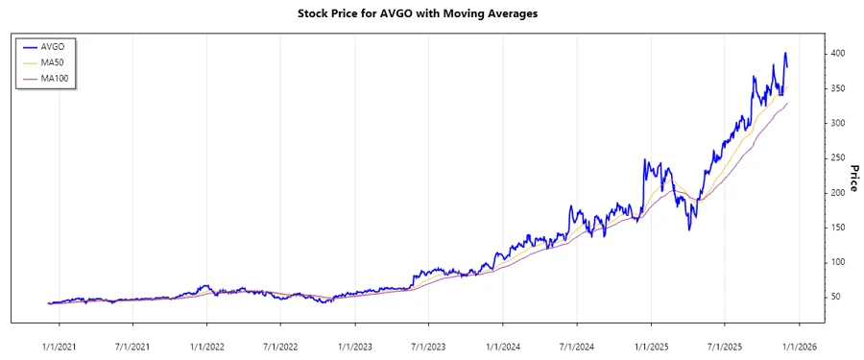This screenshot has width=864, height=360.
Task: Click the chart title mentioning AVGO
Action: pyautogui.click(x=431, y=14)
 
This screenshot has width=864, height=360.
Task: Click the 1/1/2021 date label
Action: pyautogui.click(x=60, y=343)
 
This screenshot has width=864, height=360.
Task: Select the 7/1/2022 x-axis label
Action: pyautogui.click(x=281, y=343)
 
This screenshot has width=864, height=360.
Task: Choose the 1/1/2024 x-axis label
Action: pyautogui.click(x=504, y=343)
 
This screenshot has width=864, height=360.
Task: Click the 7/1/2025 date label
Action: pyautogui.click(x=726, y=343)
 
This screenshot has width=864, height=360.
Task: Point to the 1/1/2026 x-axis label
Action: pyautogui.click(x=800, y=343)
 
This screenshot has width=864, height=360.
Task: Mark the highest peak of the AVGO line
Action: pyautogui.click(x=785, y=53)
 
